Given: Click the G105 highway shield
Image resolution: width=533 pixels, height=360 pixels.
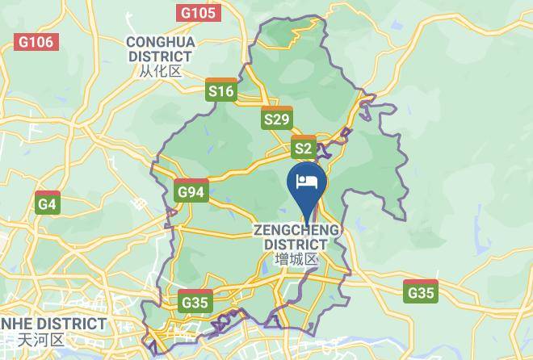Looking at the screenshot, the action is pyautogui.click(x=199, y=13).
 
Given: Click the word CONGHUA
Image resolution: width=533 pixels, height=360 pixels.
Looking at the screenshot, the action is pyautogui.click(x=160, y=42).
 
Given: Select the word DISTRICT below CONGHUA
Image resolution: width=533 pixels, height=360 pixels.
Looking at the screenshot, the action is pyautogui.click(x=160, y=57).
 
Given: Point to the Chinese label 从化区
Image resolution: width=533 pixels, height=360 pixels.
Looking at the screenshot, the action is pyautogui.click(x=160, y=71).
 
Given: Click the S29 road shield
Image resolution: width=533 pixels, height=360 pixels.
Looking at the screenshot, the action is pyautogui.click(x=277, y=119).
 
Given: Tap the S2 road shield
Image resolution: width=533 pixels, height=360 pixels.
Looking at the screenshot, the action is pyautogui.click(x=303, y=147).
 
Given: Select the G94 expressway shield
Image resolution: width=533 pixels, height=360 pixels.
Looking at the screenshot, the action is pyautogui.click(x=191, y=191).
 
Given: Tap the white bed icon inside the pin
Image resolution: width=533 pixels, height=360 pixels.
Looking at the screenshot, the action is pyautogui.click(x=307, y=180).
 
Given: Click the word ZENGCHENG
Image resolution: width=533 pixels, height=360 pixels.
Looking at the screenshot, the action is pyautogui.click(x=296, y=231).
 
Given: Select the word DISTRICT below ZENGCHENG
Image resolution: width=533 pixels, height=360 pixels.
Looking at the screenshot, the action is pyautogui.click(x=296, y=245).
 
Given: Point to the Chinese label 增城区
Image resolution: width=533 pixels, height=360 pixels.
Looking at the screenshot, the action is pyautogui.click(x=296, y=260).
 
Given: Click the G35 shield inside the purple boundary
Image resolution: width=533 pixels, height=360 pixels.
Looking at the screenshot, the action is pyautogui.click(x=195, y=302).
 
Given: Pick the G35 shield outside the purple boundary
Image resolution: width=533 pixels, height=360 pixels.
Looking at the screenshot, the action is pyautogui.click(x=422, y=291).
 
